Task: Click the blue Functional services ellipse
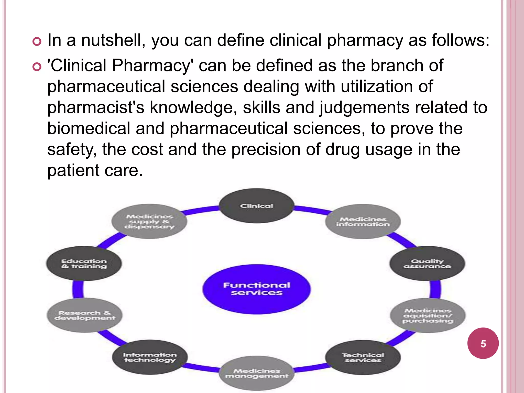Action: click(x=256, y=289)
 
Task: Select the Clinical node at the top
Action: click(x=256, y=206)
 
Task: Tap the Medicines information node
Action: click(x=363, y=222)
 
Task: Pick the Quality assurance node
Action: click(x=427, y=264)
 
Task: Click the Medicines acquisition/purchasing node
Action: click(x=428, y=315)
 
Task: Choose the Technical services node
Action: click(x=363, y=357)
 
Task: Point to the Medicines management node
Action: click(x=257, y=373)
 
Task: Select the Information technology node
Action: click(x=150, y=357)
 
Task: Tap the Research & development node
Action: click(x=85, y=315)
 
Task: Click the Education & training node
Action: click(x=84, y=264)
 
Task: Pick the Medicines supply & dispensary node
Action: click(x=149, y=222)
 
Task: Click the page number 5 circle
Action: click(x=483, y=343)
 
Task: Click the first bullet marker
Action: click(x=37, y=41)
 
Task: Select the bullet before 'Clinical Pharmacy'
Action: click(x=37, y=67)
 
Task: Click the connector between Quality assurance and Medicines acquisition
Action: click(x=435, y=289)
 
